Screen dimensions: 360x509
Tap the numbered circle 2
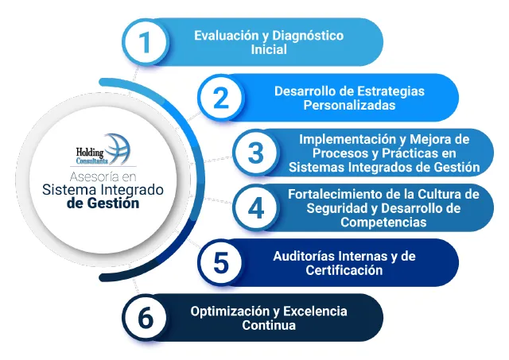pyautogui.click(x=220, y=98)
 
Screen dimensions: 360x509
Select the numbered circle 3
pyautogui.click(x=255, y=152)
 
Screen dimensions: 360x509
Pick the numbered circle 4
pyautogui.click(x=255, y=207)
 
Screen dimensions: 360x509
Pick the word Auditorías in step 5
pyautogui.click(x=307, y=256)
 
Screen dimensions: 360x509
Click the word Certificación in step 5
pyautogui.click(x=344, y=269)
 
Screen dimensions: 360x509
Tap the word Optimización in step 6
pyautogui.click(x=227, y=311)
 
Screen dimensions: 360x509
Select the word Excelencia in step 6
pyautogui.click(x=321, y=311)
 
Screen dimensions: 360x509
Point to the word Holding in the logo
pyautogui.click(x=84, y=149)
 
